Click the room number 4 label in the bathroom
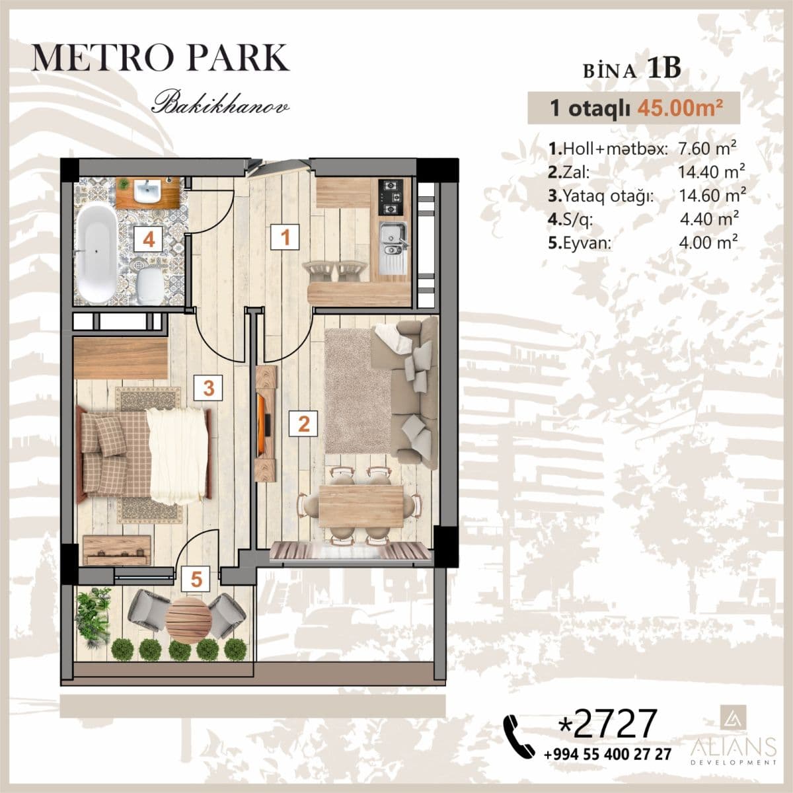tap(149, 239)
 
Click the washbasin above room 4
tap(147, 192)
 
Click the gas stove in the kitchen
tap(391, 196)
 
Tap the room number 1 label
tap(285, 237)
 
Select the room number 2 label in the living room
tap(303, 423)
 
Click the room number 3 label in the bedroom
tap(208, 388)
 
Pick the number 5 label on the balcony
tap(196, 580)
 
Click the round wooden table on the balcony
tap(188, 619)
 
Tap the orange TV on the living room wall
tap(264, 422)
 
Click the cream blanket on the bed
tap(176, 454)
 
